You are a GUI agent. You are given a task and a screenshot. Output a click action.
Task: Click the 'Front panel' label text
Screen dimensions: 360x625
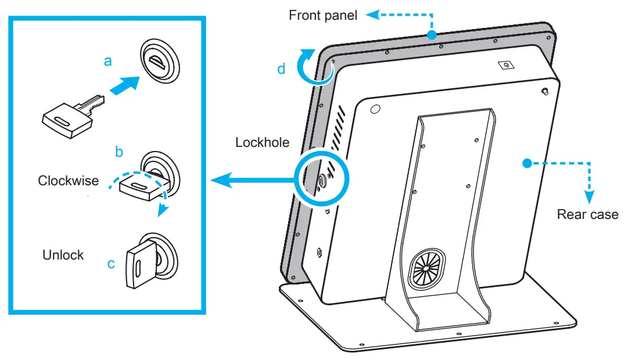(x=323, y=15)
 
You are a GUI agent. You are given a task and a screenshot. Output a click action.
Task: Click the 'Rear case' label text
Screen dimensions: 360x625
(x=587, y=214)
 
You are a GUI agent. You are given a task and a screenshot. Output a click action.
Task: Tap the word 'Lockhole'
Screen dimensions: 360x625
(x=262, y=142)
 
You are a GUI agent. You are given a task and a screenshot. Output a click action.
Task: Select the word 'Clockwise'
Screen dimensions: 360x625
(x=68, y=181)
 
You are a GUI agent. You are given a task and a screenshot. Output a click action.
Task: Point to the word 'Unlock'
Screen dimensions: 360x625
(x=63, y=255)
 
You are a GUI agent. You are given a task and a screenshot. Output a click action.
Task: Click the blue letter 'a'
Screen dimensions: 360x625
(x=107, y=60)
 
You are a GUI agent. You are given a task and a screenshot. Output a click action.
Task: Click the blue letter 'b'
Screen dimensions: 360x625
(x=119, y=152)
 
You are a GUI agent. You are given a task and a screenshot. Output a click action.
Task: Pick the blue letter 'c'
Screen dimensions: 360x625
(x=111, y=264)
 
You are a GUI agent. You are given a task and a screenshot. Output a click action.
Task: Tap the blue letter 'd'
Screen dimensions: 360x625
(x=281, y=69)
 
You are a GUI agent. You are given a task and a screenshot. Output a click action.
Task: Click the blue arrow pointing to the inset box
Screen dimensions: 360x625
(x=250, y=181)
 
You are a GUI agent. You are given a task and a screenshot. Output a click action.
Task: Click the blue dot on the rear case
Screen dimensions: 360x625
(x=526, y=163)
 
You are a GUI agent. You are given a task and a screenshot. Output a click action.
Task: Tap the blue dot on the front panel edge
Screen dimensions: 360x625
(x=430, y=35)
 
